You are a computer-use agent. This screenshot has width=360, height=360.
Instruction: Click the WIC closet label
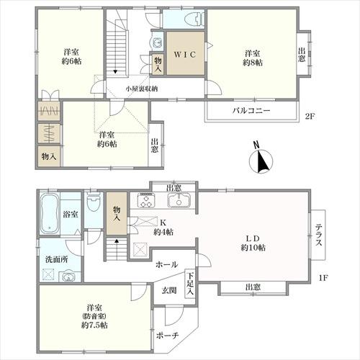click(185, 55)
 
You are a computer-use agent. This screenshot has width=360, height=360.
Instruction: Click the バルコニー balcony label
click(251, 111)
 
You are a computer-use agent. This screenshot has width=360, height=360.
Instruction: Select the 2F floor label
click(310, 117)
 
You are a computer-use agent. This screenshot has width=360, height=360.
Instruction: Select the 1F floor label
click(323, 278)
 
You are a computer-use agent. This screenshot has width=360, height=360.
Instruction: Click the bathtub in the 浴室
click(49, 214)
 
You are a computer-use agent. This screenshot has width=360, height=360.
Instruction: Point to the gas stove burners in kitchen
click(146, 200)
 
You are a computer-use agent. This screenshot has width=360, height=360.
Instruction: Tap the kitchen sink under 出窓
click(179, 200)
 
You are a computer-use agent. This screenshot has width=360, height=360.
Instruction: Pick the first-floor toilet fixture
click(94, 202)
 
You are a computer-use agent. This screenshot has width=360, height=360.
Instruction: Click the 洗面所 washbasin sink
click(68, 276)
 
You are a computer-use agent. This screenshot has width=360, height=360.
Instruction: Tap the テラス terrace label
click(319, 235)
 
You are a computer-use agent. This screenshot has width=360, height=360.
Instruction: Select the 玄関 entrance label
click(169, 290)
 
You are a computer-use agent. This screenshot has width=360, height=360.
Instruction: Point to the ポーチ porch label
click(167, 336)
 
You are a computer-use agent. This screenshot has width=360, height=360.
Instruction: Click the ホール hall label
click(166, 265)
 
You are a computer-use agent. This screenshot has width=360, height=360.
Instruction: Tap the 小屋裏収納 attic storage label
click(142, 89)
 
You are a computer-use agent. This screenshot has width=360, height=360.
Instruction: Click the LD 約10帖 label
click(253, 243)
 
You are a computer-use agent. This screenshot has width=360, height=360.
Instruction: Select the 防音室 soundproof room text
click(94, 316)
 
